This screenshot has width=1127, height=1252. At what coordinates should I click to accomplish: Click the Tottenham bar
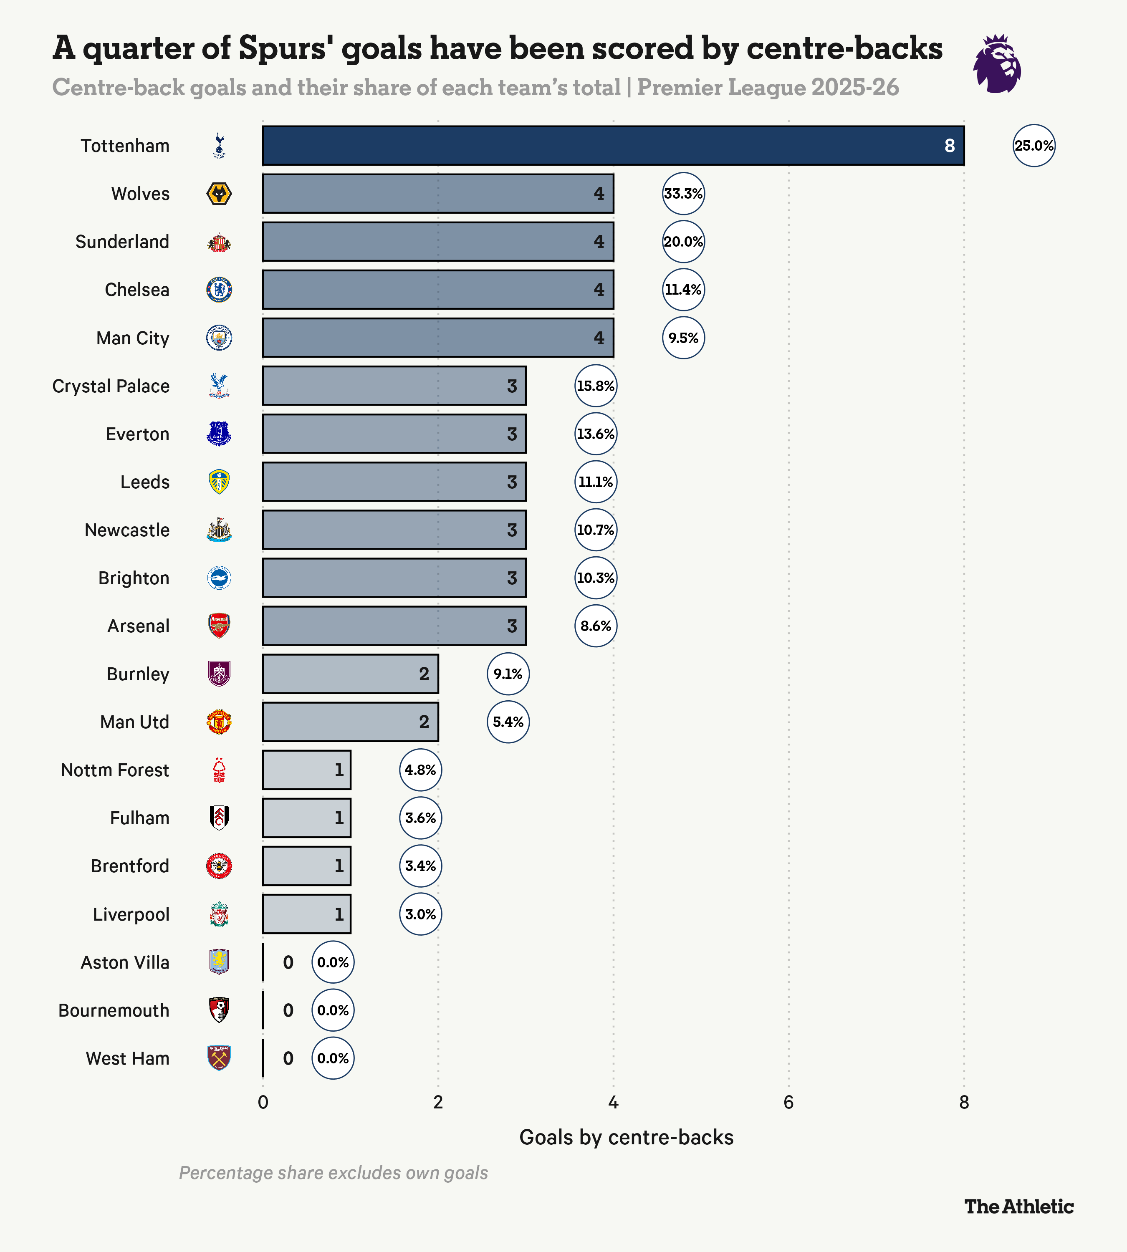[613, 146]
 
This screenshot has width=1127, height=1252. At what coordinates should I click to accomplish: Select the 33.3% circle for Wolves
[683, 193]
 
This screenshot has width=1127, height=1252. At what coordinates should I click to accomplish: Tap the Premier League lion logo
[997, 64]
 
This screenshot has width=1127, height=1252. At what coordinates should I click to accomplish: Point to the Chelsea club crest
[219, 290]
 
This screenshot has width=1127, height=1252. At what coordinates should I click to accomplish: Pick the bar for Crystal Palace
[394, 386]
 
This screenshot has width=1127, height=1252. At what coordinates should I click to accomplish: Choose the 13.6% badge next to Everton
[595, 434]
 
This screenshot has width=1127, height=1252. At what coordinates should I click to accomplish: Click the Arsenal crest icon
[219, 626]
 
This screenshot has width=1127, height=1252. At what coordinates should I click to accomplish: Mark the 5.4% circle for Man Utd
[508, 722]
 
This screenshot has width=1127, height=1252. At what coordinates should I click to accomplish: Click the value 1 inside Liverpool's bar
[339, 914]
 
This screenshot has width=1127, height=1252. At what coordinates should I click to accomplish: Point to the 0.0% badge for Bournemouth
[333, 1010]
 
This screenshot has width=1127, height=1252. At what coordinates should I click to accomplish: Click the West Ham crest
[219, 1058]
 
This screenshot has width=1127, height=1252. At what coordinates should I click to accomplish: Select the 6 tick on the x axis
[788, 1103]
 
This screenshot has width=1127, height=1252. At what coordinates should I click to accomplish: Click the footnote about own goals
[333, 1173]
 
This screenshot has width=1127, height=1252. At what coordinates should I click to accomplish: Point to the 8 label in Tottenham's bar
[949, 146]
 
